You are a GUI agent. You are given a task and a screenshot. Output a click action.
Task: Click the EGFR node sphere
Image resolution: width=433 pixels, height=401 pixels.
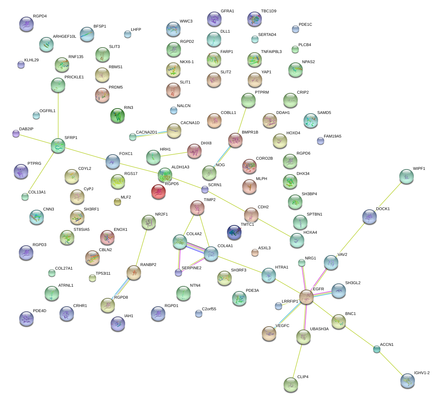(x=306, y=297)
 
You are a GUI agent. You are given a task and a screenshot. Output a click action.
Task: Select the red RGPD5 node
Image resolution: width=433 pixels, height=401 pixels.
(x=158, y=191)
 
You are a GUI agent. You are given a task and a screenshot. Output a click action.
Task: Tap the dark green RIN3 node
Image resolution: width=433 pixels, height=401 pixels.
(x=117, y=115)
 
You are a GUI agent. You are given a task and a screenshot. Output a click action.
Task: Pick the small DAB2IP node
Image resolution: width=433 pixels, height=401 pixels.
(x=16, y=134)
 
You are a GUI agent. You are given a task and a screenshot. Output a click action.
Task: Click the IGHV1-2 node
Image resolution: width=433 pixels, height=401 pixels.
(x=408, y=381)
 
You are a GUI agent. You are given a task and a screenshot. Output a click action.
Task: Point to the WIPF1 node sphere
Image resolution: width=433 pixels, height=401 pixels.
(x=407, y=176)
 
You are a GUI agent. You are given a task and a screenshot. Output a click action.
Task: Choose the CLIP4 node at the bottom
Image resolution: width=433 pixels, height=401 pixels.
(x=291, y=384)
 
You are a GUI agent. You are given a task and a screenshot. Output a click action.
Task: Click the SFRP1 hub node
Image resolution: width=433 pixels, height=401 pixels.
(x=58, y=145)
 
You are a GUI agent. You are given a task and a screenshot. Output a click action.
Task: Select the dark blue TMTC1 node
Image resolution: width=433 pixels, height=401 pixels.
(x=234, y=232)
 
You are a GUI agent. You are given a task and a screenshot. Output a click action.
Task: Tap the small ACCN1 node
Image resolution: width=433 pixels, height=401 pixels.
(x=377, y=349)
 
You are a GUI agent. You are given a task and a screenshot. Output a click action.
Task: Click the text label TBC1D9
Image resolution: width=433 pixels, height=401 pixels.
(x=268, y=11)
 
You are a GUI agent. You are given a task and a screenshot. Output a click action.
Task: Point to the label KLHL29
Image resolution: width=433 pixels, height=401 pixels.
(x=32, y=60)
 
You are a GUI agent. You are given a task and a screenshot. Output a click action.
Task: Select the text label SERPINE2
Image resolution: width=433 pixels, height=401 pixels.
(x=191, y=268)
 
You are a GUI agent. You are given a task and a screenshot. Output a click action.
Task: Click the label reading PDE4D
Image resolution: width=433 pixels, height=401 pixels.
(x=40, y=311)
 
